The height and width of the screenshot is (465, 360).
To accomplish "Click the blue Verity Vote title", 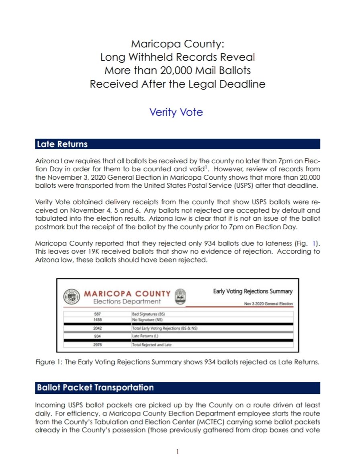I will coord(176,112).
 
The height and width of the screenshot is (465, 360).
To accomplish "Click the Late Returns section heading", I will coord(62,144).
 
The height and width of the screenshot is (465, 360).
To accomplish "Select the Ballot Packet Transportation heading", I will coord(95,387).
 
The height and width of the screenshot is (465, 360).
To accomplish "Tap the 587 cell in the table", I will coord(97,313).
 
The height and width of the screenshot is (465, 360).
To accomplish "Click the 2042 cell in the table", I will coord(97,328).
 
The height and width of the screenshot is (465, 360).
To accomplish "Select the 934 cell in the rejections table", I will coord(97,336).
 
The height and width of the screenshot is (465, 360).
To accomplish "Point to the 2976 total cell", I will coord(97,345).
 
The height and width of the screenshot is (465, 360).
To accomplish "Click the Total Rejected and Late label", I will coord(152,345).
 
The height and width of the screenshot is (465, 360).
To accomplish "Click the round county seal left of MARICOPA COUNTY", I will coord(72,297).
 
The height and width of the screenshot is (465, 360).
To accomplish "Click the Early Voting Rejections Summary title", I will coord(253,291).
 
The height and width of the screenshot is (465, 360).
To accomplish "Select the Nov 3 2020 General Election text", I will coord(268,304).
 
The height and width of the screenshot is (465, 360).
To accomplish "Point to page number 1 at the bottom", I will coord(177,452).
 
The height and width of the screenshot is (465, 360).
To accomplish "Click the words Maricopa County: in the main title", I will coord(177,43).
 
